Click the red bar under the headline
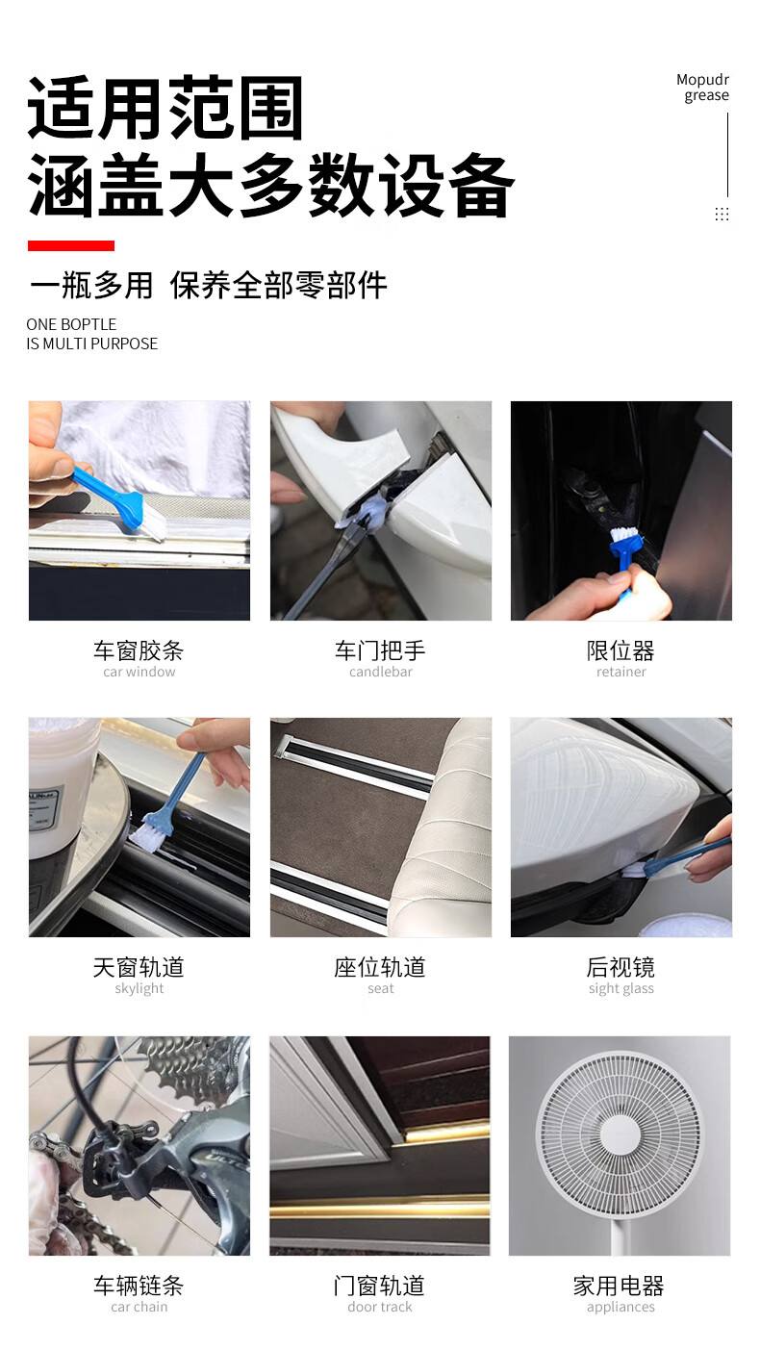point(71,245)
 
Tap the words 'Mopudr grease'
point(702,88)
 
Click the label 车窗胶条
point(139,650)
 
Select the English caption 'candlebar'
point(380,672)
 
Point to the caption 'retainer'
point(621,672)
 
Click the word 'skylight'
point(139,988)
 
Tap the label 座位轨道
point(380,967)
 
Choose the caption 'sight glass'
point(621,988)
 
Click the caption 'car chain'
point(139,1307)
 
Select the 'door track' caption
point(380,1307)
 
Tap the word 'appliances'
point(621,1308)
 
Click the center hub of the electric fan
point(620,1136)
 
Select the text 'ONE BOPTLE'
point(71,324)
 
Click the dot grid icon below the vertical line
point(722,214)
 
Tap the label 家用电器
point(619,1286)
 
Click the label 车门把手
point(380,650)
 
